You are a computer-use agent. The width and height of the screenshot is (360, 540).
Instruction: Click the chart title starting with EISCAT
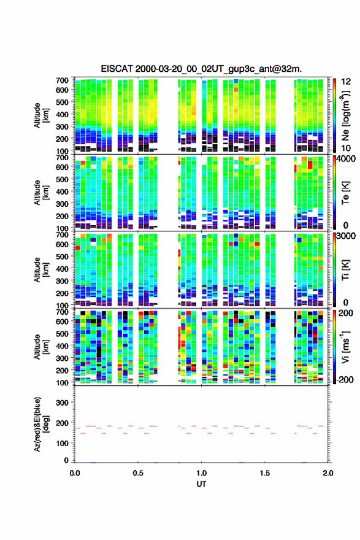(201, 69)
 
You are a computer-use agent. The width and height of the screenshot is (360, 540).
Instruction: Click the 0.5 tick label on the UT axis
(138, 473)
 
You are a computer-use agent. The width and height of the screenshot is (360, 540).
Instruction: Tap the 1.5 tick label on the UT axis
(265, 473)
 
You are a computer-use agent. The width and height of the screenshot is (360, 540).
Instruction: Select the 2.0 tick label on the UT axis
(328, 473)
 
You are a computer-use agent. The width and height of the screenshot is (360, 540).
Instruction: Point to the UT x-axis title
(201, 484)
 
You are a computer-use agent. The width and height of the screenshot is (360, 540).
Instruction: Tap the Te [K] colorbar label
(345, 193)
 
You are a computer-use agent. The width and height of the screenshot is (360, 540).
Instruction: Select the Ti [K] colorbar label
(345, 269)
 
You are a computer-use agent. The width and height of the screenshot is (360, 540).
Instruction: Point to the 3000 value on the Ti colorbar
(345, 236)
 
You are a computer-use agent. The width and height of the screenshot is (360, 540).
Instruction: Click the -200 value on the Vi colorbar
(344, 379)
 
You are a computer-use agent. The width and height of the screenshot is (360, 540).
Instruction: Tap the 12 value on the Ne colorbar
(345, 82)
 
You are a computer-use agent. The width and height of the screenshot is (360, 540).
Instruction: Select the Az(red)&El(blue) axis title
(41, 424)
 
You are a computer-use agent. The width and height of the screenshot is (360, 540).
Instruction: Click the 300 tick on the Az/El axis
(63, 403)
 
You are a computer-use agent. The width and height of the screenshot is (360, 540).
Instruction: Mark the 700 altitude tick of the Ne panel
(63, 80)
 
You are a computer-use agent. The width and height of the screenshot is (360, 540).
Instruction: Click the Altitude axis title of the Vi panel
(41, 347)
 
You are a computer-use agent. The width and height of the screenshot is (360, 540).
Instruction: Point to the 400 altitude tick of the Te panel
(63, 191)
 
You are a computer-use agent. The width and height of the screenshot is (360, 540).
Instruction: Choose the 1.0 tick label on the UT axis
(201, 473)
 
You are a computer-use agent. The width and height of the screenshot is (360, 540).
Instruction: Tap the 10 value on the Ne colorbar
(345, 148)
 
